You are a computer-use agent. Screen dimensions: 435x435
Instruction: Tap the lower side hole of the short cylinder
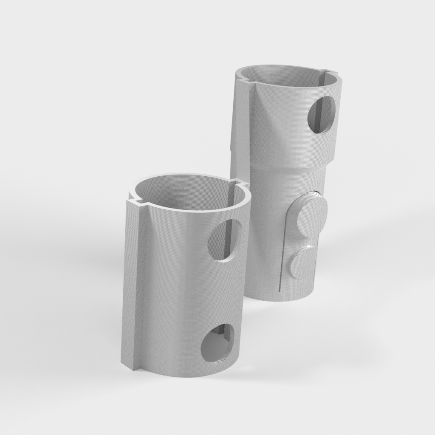217,342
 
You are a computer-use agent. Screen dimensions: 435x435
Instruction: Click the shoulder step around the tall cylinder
285,165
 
